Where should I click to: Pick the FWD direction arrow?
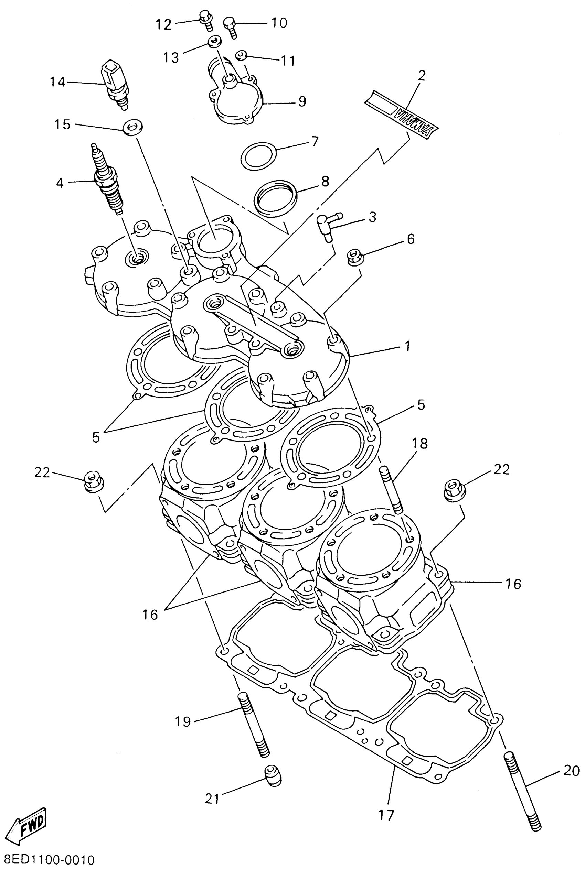[27, 825]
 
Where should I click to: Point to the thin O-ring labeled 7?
[259, 155]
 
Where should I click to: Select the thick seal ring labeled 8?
[275, 198]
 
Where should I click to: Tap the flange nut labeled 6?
[353, 257]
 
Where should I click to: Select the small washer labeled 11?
[241, 56]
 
